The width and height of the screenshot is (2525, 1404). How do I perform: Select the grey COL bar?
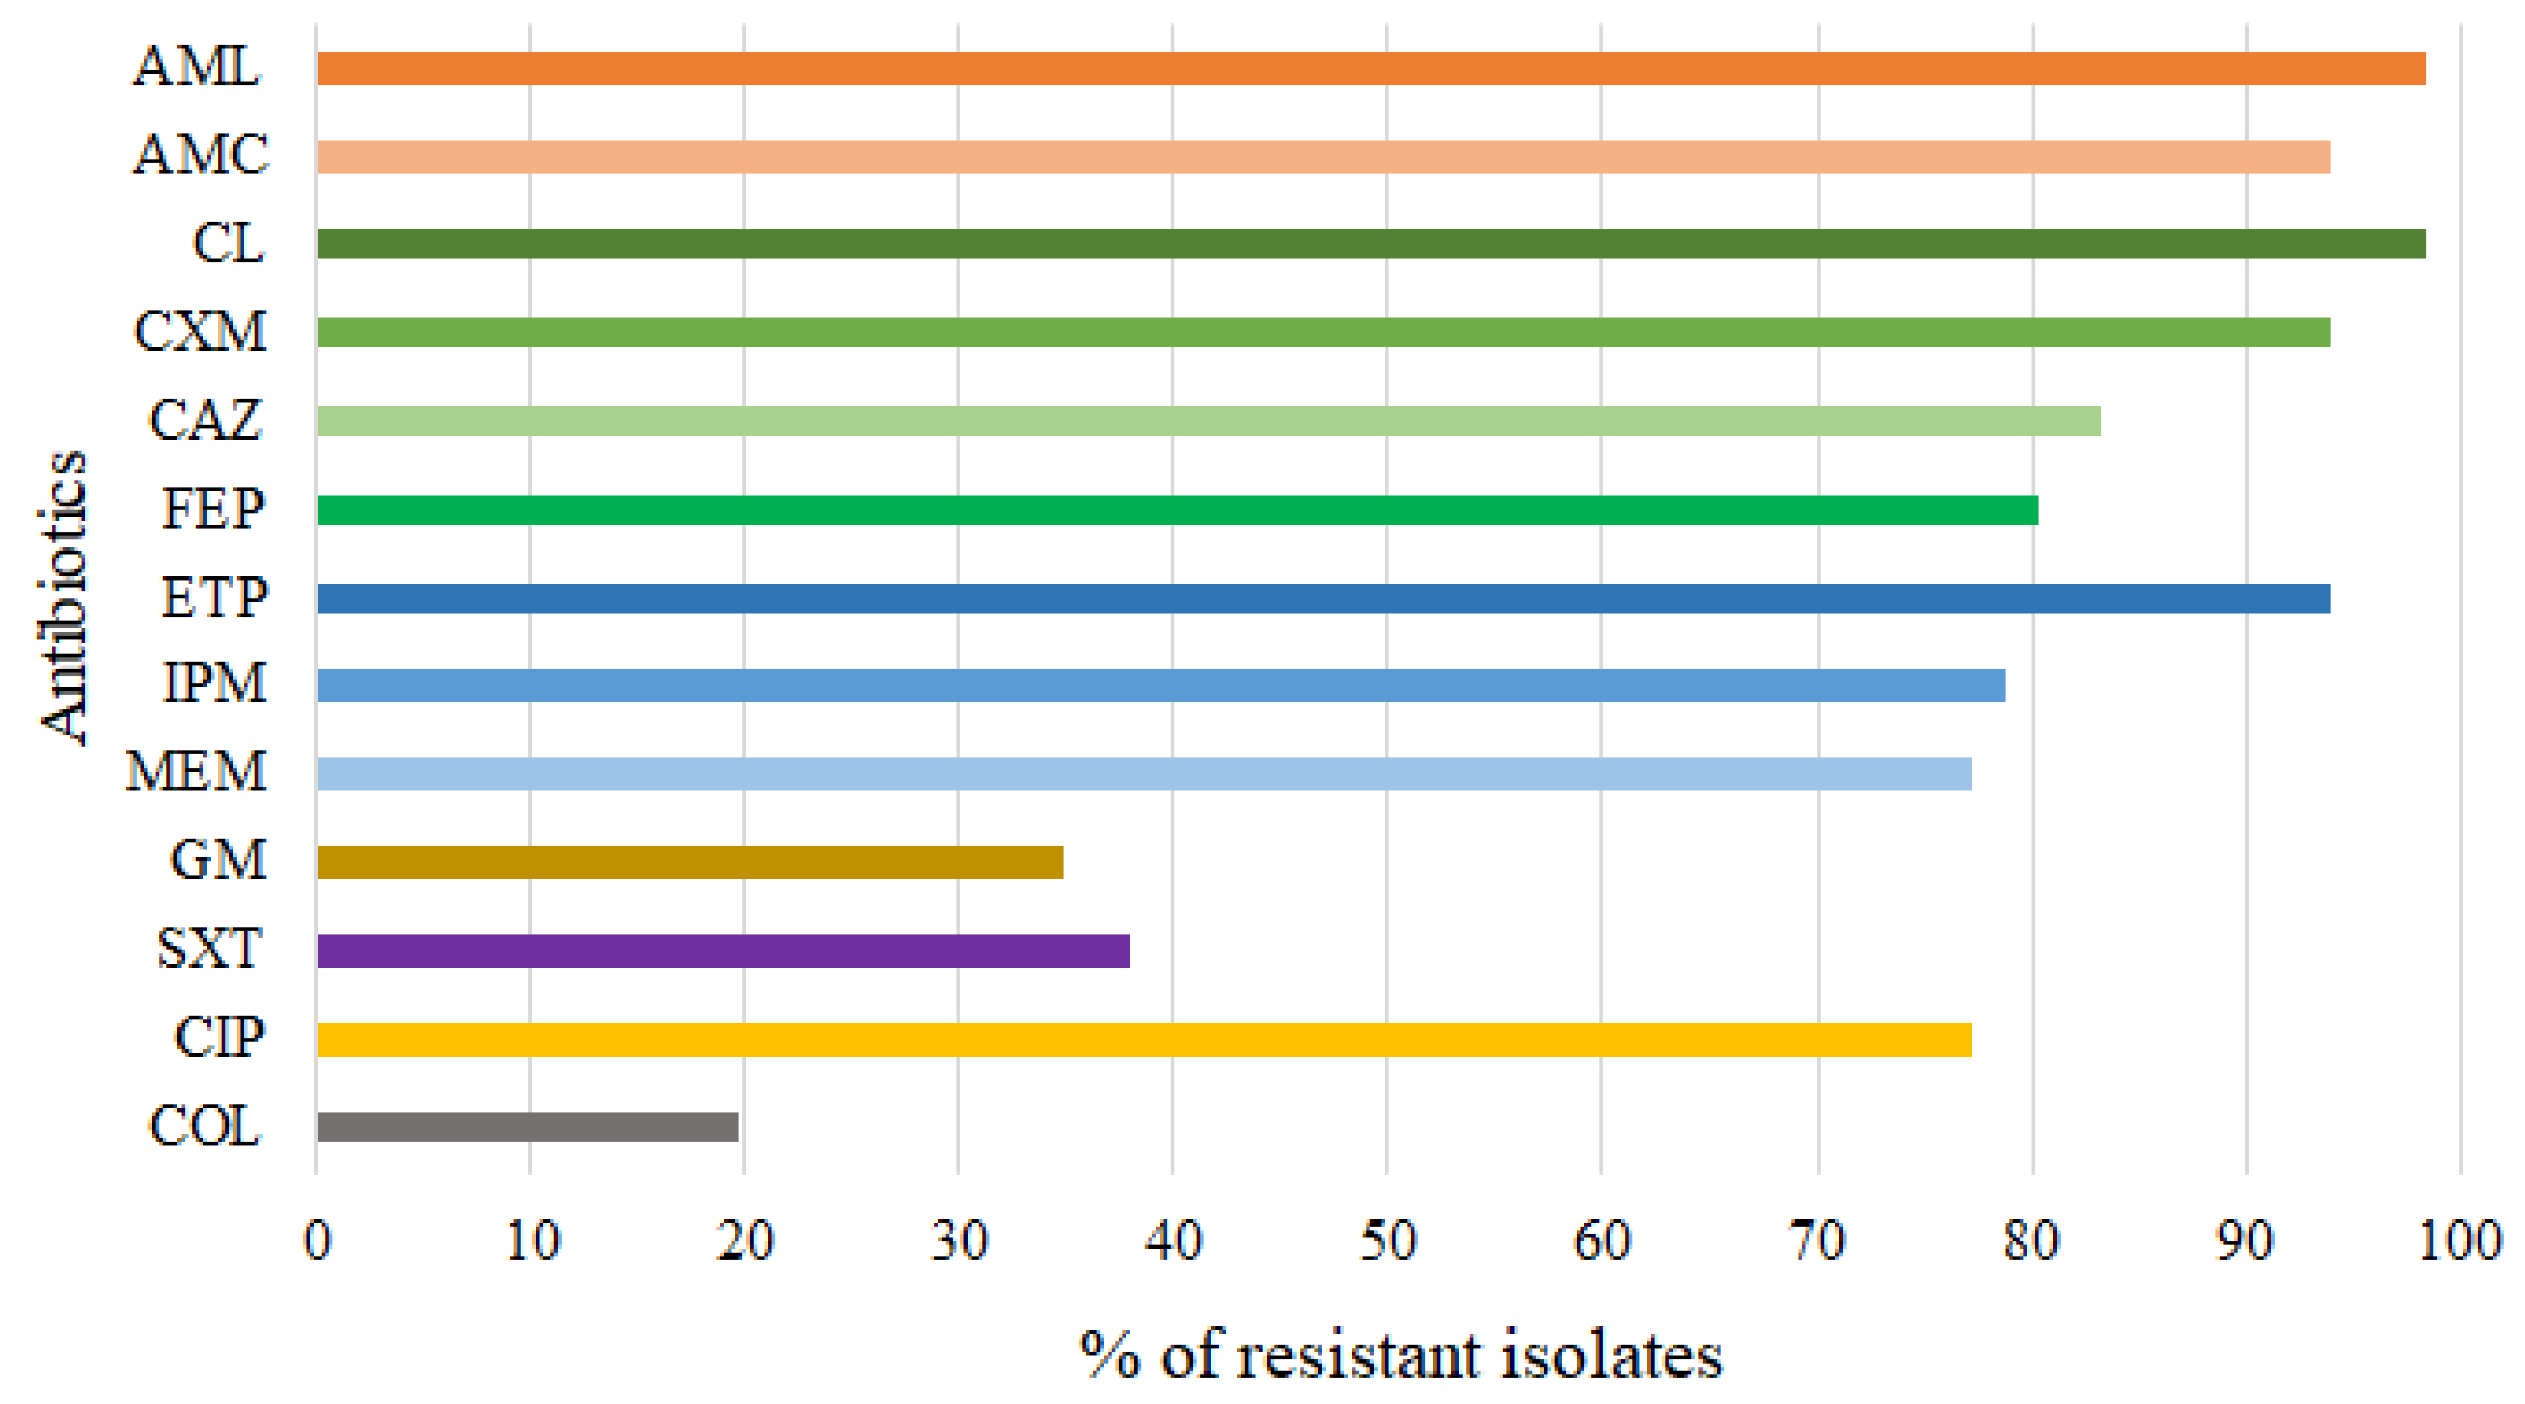[x=528, y=1127]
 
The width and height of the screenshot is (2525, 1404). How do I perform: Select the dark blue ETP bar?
[x=1322, y=598]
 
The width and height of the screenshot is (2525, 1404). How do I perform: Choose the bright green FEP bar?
[x=1177, y=509]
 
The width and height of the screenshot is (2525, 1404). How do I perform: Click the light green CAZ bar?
[x=1207, y=421]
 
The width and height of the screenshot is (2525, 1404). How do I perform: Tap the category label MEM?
[x=195, y=772]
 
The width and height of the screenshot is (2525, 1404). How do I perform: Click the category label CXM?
[x=200, y=331]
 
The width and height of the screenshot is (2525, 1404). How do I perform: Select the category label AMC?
[x=200, y=155]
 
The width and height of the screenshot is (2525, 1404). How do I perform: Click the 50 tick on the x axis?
[x=1388, y=1241]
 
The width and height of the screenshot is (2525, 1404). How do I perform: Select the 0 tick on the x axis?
[x=317, y=1241]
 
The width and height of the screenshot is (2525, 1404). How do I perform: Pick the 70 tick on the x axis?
[x=1818, y=1241]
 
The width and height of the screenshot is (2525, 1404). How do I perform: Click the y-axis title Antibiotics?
[x=64, y=598]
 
